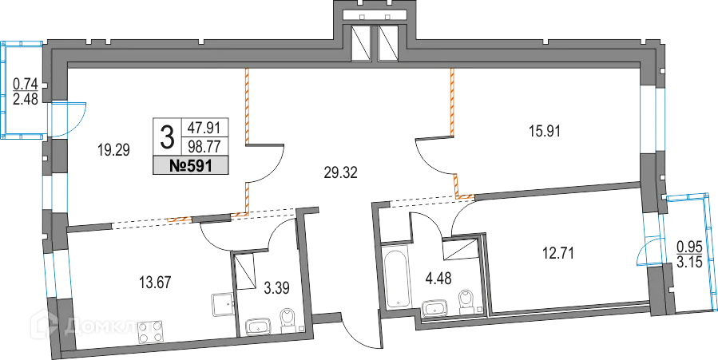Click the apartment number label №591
(190, 165)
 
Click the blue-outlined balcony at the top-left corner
(24, 88)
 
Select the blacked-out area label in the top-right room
(544, 128)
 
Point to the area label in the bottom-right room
(558, 254)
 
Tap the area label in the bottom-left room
(153, 283)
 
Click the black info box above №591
(190, 133)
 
